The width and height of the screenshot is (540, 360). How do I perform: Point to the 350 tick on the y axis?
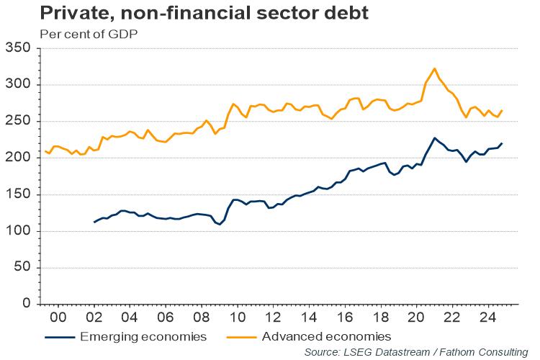click(x=19, y=48)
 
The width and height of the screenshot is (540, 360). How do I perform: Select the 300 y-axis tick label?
click(x=19, y=85)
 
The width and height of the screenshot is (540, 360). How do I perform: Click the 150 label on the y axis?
click(x=19, y=194)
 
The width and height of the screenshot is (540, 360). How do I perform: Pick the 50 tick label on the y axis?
click(x=23, y=268)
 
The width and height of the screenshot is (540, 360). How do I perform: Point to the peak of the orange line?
click(x=434, y=68)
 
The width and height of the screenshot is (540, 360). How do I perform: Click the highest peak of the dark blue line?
click(x=434, y=138)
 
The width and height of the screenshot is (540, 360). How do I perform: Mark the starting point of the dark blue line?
click(x=94, y=222)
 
